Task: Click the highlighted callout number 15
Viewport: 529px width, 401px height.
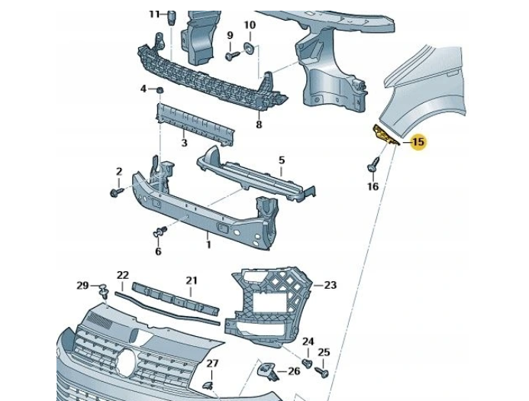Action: pos(418,142)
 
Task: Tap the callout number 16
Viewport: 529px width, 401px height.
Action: pos(373,186)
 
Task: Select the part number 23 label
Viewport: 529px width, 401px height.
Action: pos(330,285)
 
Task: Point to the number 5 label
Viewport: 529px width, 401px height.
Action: pos(281,160)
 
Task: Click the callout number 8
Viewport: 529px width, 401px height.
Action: pos(259,125)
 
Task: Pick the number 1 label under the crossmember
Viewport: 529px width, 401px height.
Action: pos(207,244)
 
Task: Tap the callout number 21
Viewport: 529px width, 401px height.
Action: pos(192,280)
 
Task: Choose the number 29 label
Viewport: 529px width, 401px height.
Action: pos(83,285)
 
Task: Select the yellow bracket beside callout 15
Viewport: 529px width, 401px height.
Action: pos(383,135)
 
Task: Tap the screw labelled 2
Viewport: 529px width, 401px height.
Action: pos(116,191)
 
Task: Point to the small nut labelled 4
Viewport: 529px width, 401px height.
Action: pos(160,91)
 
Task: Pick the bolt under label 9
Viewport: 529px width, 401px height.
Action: pos(230,56)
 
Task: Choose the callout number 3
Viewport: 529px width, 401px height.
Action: pos(184,143)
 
